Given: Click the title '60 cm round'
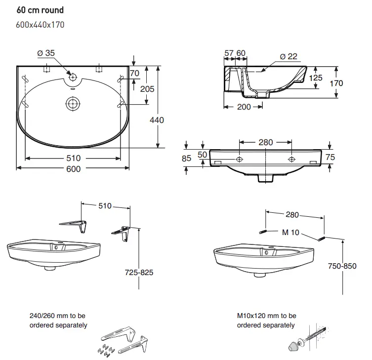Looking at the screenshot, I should click(x=40, y=10).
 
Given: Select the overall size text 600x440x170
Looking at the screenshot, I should click(x=41, y=24).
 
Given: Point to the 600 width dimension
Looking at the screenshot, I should click(x=73, y=169).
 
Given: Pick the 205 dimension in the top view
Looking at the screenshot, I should click(x=147, y=89).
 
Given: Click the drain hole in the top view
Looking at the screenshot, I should click(x=73, y=103).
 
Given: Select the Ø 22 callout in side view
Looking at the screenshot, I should click(x=289, y=57).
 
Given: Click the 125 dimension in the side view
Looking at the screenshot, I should click(x=316, y=78).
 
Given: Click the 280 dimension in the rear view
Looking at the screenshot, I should click(x=265, y=143).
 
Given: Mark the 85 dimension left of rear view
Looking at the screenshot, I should click(x=186, y=159).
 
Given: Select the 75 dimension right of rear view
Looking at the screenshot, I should click(x=331, y=157).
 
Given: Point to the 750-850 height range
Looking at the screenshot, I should click(x=342, y=266).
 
